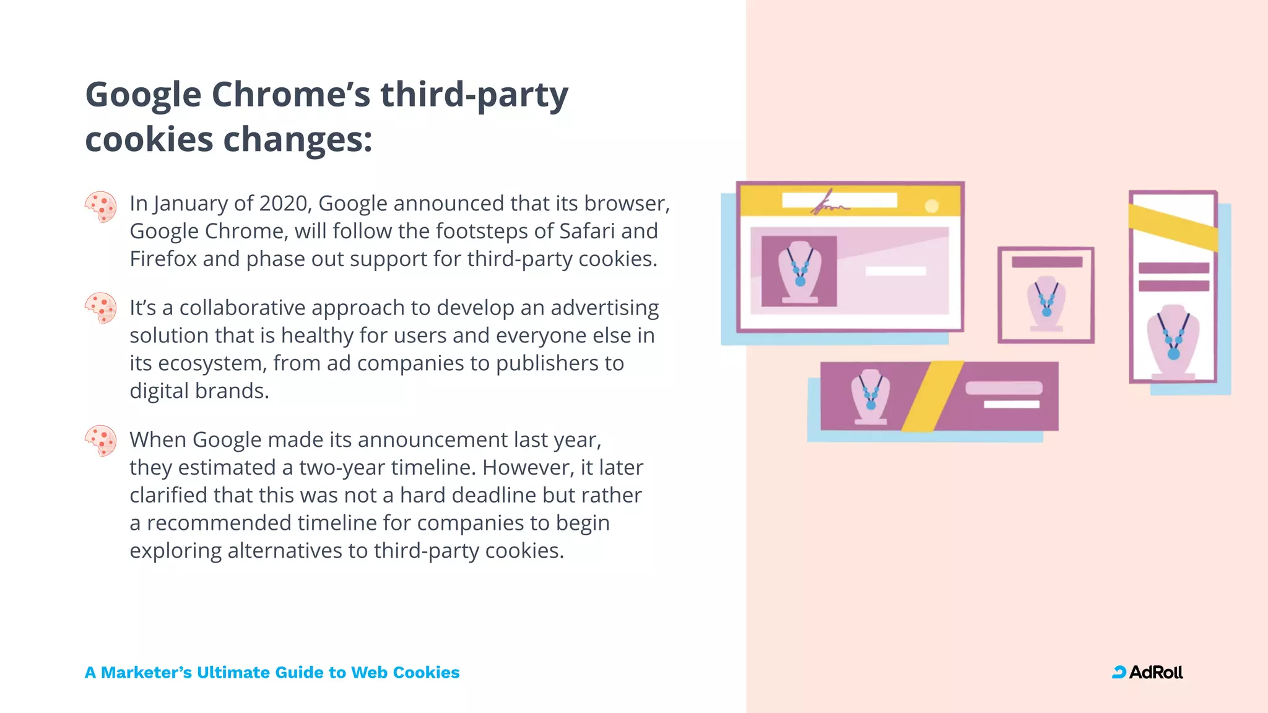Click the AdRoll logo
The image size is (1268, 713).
coord(1147,672)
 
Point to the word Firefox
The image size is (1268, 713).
coord(163,259)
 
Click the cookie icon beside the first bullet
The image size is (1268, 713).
coord(100,207)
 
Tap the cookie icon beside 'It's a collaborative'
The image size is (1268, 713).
coord(100,308)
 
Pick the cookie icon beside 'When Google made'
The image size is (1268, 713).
coord(100,441)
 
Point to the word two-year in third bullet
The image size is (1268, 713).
coord(342,467)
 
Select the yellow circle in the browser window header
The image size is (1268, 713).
coord(931,206)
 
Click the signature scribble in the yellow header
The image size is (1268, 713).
coord(829,204)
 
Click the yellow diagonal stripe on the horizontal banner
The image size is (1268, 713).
coord(932,396)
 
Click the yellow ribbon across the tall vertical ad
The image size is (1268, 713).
coord(1173,227)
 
